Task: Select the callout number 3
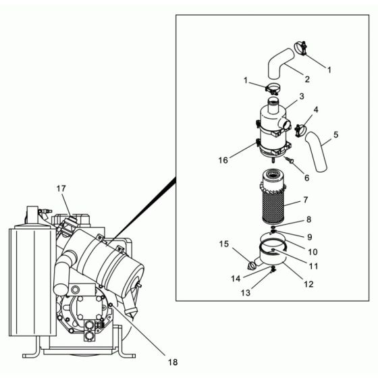(302, 97)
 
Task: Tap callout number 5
(335, 134)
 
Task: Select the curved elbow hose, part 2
(277, 63)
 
